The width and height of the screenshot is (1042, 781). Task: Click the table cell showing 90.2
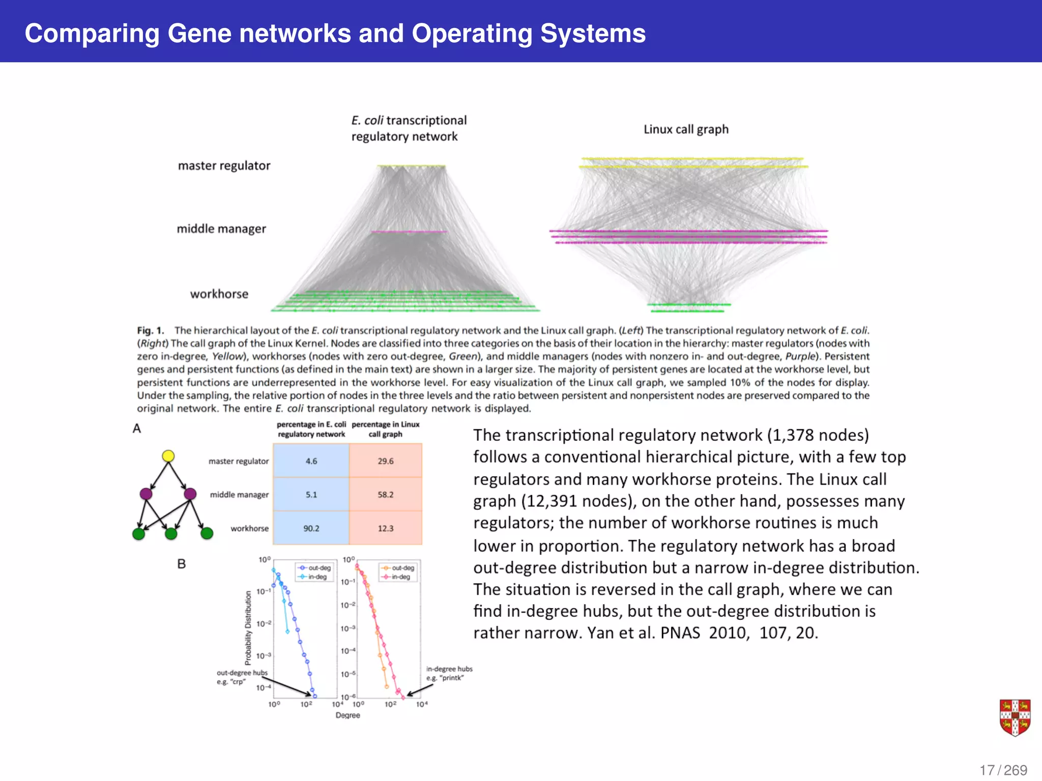tap(311, 528)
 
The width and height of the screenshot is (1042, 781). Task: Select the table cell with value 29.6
tap(385, 461)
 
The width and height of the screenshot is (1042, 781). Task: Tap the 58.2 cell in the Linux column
tap(385, 494)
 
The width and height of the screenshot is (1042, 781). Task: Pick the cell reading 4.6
tap(311, 461)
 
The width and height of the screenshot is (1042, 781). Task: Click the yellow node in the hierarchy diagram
tap(168, 456)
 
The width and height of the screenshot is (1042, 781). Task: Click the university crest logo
tap(1015, 717)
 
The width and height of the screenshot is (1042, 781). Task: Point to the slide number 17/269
tap(1003, 770)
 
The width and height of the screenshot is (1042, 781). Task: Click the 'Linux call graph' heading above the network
tap(686, 129)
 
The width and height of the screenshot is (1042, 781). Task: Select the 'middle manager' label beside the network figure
tap(221, 229)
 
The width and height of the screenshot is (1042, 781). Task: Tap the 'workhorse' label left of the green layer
tap(219, 294)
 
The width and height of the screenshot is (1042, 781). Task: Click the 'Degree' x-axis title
tap(348, 715)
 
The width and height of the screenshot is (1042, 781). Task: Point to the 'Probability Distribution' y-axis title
tap(248, 628)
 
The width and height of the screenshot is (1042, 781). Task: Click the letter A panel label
tap(136, 429)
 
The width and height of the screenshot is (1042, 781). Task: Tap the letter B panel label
tap(181, 564)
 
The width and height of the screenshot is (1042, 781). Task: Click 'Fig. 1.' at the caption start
tap(151, 331)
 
